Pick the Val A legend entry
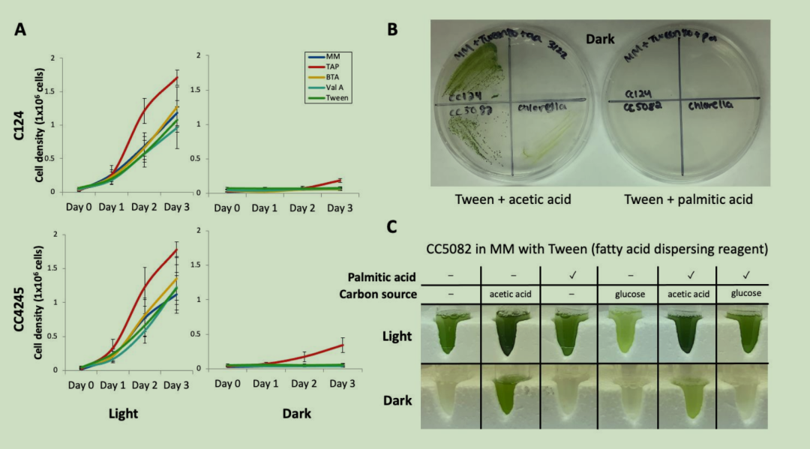(323, 87)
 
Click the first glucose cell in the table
(628, 295)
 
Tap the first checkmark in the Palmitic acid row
(568, 276)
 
